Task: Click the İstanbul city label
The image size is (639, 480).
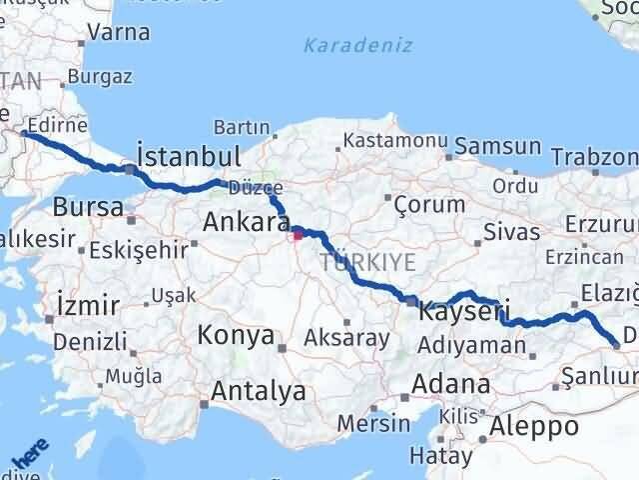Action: [188, 157]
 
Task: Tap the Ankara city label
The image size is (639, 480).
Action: [246, 222]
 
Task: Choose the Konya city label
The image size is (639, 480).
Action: [236, 335]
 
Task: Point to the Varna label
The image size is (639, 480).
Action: [119, 33]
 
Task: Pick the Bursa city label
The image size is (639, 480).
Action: [88, 208]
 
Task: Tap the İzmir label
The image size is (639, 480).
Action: [89, 304]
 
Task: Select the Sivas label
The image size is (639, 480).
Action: [511, 233]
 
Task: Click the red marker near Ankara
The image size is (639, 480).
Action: [297, 236]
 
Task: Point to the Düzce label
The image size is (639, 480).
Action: [257, 187]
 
